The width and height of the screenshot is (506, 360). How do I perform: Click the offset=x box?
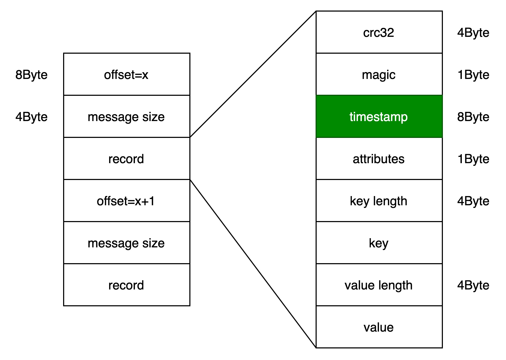tap(126, 74)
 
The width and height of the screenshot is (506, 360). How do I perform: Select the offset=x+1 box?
tap(126, 201)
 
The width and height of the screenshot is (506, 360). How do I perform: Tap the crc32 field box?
tap(379, 32)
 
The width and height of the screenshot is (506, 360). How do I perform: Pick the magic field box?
tap(379, 74)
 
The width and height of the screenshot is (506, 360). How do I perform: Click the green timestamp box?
tap(379, 116)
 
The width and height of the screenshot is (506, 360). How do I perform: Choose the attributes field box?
tap(379, 158)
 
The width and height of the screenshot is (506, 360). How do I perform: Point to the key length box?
tap(379, 201)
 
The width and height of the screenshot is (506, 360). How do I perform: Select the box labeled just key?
tap(379, 243)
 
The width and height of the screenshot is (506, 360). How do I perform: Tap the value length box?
tap(379, 285)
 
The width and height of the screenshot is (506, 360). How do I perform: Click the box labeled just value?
tap(379, 327)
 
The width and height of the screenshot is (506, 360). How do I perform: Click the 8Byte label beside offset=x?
tap(32, 75)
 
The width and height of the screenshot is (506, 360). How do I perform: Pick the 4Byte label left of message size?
tap(32, 117)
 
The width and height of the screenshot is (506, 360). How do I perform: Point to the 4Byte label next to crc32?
tap(473, 33)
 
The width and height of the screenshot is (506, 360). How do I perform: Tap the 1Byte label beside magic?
tap(473, 75)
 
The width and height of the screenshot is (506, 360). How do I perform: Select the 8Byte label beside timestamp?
tap(473, 117)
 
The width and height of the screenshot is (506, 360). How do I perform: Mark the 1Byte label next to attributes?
tap(473, 159)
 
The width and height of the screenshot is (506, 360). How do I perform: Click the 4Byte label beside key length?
tap(473, 201)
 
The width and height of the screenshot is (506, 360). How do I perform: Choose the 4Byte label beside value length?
tap(473, 285)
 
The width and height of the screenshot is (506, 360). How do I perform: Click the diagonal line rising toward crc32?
tap(253, 74)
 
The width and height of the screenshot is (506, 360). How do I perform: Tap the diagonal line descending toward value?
tap(253, 264)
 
